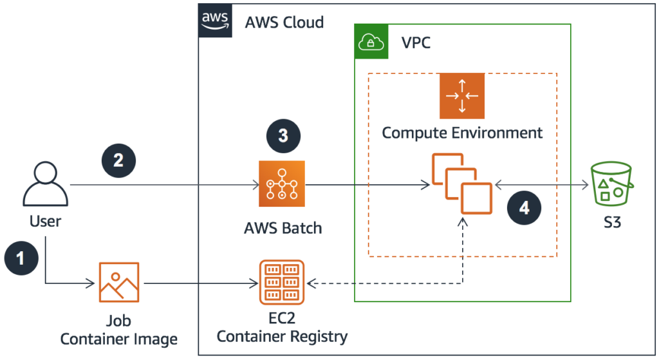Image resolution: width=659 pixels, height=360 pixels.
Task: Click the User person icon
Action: [x=46, y=185]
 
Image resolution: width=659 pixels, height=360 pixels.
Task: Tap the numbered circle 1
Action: [x=21, y=259]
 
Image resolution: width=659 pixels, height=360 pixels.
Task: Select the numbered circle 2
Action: [x=118, y=160]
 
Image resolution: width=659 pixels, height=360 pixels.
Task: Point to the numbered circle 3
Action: [x=283, y=135]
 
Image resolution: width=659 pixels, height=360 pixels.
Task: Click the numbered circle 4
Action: [x=524, y=207]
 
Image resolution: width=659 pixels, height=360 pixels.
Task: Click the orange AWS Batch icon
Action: [x=283, y=184]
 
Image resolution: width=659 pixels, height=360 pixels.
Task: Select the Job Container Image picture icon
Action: [x=118, y=282]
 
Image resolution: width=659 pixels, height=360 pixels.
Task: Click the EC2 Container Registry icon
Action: [x=282, y=282]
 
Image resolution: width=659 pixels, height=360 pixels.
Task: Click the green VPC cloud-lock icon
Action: [x=371, y=42]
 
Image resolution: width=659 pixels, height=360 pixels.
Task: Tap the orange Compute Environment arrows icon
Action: [x=462, y=96]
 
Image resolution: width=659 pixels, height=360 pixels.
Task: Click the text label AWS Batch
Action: [x=283, y=228]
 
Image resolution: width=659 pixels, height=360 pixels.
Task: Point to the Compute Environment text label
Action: [x=462, y=133]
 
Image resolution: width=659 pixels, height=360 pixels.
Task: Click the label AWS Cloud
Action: [x=284, y=23]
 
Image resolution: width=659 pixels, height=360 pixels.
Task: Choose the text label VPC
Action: [x=416, y=43]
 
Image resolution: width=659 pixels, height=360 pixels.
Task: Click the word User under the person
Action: [x=45, y=222]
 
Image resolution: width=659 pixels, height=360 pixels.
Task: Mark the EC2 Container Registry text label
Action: [x=282, y=327]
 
